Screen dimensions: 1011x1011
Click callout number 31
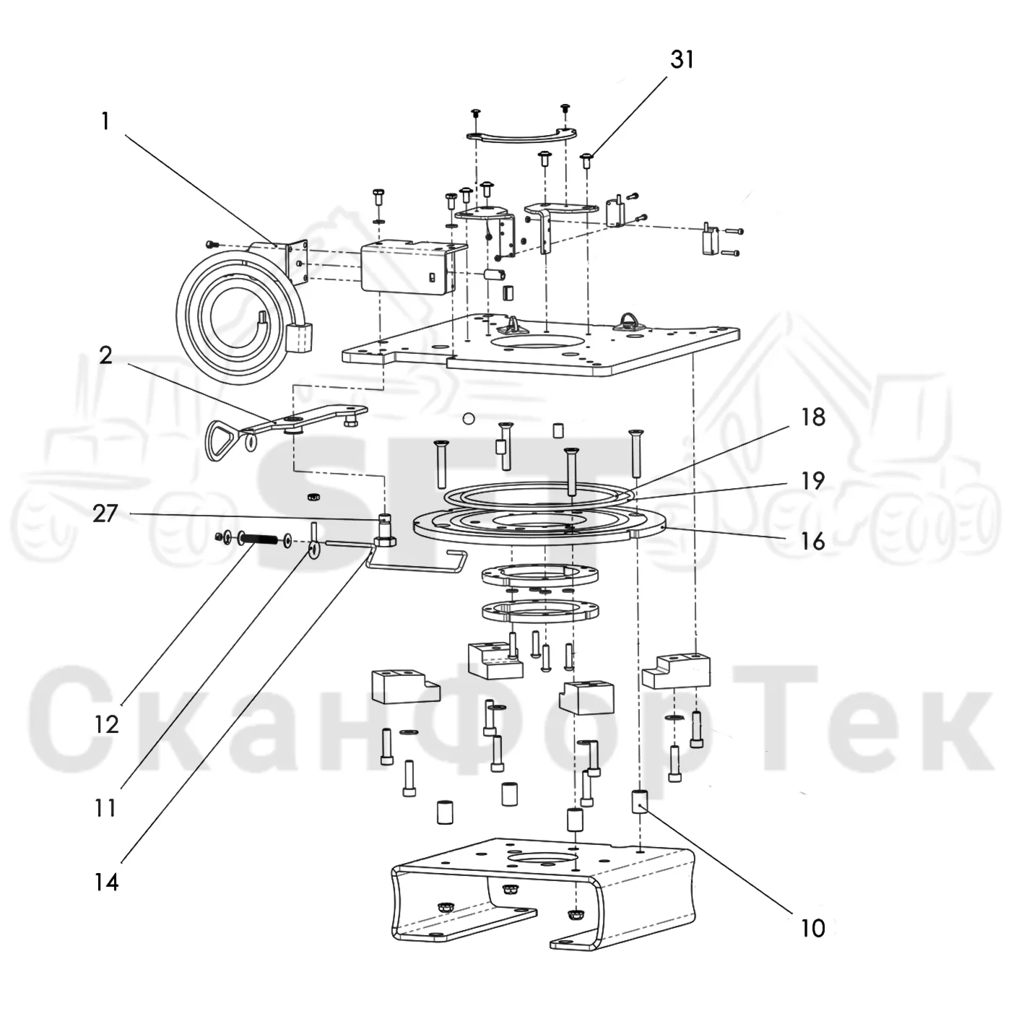(682, 60)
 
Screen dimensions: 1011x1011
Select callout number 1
(105, 122)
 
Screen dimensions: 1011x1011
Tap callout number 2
(105, 356)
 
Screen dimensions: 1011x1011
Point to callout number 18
(813, 417)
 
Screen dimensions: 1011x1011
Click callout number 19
(813, 480)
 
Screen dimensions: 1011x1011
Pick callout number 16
(813, 542)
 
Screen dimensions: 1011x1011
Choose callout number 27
(105, 513)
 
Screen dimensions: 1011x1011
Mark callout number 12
(107, 725)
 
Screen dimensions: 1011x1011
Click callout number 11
(105, 809)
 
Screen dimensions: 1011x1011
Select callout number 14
(106, 882)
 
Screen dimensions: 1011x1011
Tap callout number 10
(813, 929)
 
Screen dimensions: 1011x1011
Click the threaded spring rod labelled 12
(260, 538)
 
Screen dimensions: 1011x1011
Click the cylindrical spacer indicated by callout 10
(640, 801)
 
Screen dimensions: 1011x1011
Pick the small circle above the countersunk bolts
(469, 419)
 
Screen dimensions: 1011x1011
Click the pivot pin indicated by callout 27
(386, 531)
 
